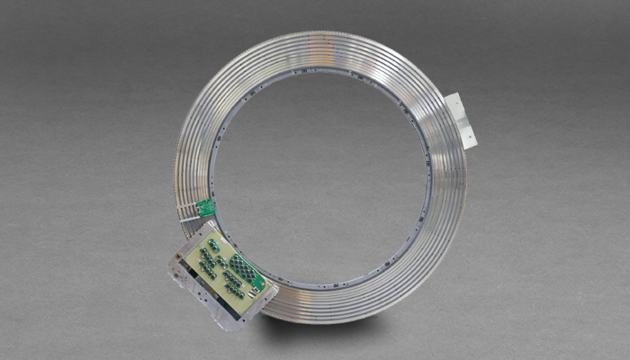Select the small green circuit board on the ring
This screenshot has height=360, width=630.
[205, 208]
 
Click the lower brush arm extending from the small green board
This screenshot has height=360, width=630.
[190, 219]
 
